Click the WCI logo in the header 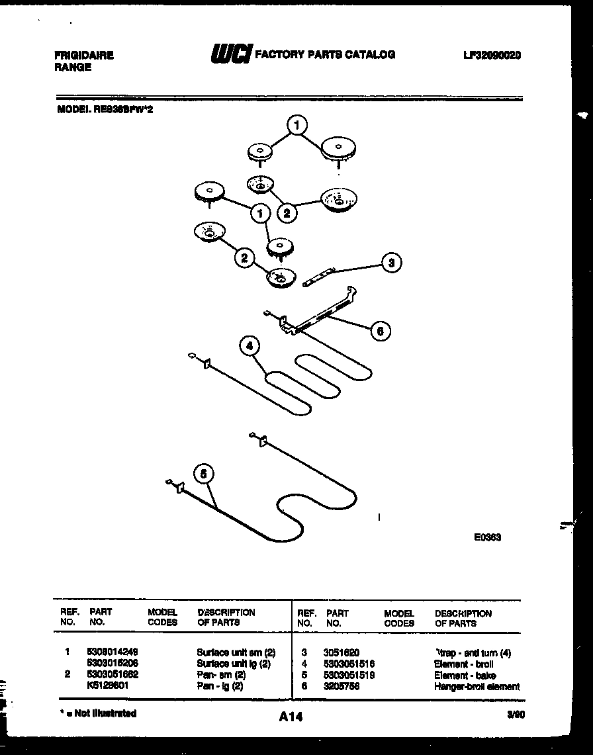tap(230, 55)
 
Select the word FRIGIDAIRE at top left tap(83, 56)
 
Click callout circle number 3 tap(391, 263)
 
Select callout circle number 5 tap(205, 473)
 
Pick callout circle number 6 tap(380, 330)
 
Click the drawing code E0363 tap(487, 537)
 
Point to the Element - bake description tap(465, 675)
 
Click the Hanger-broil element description tap(477, 686)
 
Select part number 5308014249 tap(113, 652)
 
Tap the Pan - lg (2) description tap(220, 686)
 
